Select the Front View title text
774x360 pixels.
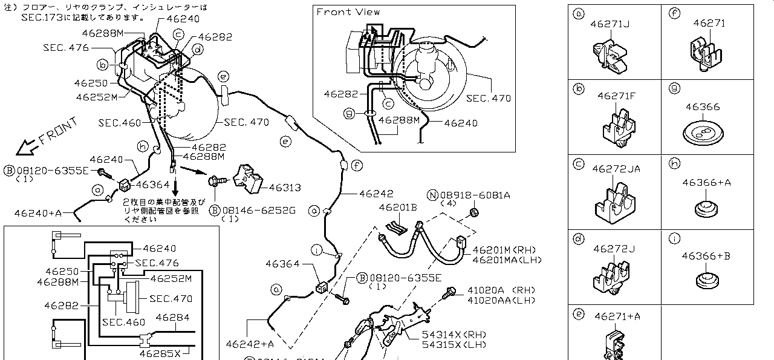pyautogui.click(x=348, y=11)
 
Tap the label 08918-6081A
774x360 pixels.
pyautogui.click(x=475, y=195)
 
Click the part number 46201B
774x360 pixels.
pyautogui.click(x=398, y=208)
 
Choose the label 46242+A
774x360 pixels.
pyautogui.click(x=250, y=344)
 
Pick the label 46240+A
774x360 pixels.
pyautogui.click(x=38, y=212)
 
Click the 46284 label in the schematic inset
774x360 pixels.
pyautogui.click(x=172, y=317)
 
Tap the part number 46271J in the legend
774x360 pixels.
pyautogui.click(x=610, y=24)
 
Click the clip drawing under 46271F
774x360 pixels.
pyautogui.click(x=617, y=128)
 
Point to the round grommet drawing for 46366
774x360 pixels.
pyautogui.click(x=703, y=132)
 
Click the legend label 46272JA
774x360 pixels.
pyautogui.click(x=616, y=169)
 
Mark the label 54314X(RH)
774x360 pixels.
pyautogui.click(x=446, y=335)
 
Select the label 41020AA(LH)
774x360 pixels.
pyautogui.click(x=501, y=299)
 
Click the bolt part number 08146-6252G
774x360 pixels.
pyautogui.click(x=259, y=210)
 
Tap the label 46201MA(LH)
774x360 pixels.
pyautogui.click(x=507, y=260)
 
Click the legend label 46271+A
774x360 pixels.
pyautogui.click(x=617, y=316)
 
